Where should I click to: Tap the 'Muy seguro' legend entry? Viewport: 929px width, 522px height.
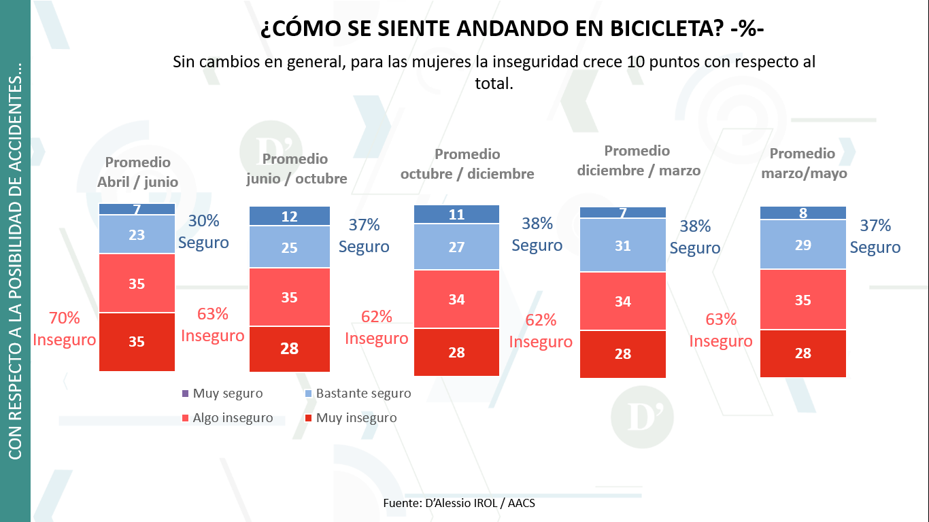point(222,394)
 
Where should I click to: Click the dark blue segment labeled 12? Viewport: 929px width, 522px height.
point(290,216)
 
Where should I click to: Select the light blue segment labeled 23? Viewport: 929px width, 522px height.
point(137,234)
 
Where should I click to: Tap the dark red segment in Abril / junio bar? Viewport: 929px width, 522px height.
point(137,342)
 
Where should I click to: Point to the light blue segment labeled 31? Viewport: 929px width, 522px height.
point(623,245)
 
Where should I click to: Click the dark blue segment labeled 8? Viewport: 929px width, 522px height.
point(803,213)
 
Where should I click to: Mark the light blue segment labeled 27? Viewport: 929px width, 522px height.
point(456,247)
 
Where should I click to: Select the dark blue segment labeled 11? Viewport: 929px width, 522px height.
point(456,214)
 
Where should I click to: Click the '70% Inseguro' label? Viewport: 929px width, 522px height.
point(65,329)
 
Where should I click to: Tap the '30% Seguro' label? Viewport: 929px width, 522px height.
point(204,232)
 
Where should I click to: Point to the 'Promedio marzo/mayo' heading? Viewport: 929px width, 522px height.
point(803,163)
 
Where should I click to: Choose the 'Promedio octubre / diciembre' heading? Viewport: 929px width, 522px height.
point(467,164)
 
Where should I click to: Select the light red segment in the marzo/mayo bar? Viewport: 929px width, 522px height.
point(803,300)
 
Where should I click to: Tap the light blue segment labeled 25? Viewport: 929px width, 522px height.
point(290,247)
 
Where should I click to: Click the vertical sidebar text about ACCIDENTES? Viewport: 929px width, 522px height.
point(15,261)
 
